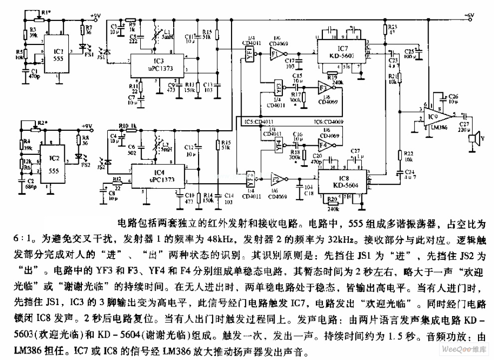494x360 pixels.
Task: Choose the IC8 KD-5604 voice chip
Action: pos(342,180)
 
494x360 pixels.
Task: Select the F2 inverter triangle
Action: pos(277,179)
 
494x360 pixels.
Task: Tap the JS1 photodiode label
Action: pos(101,58)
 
